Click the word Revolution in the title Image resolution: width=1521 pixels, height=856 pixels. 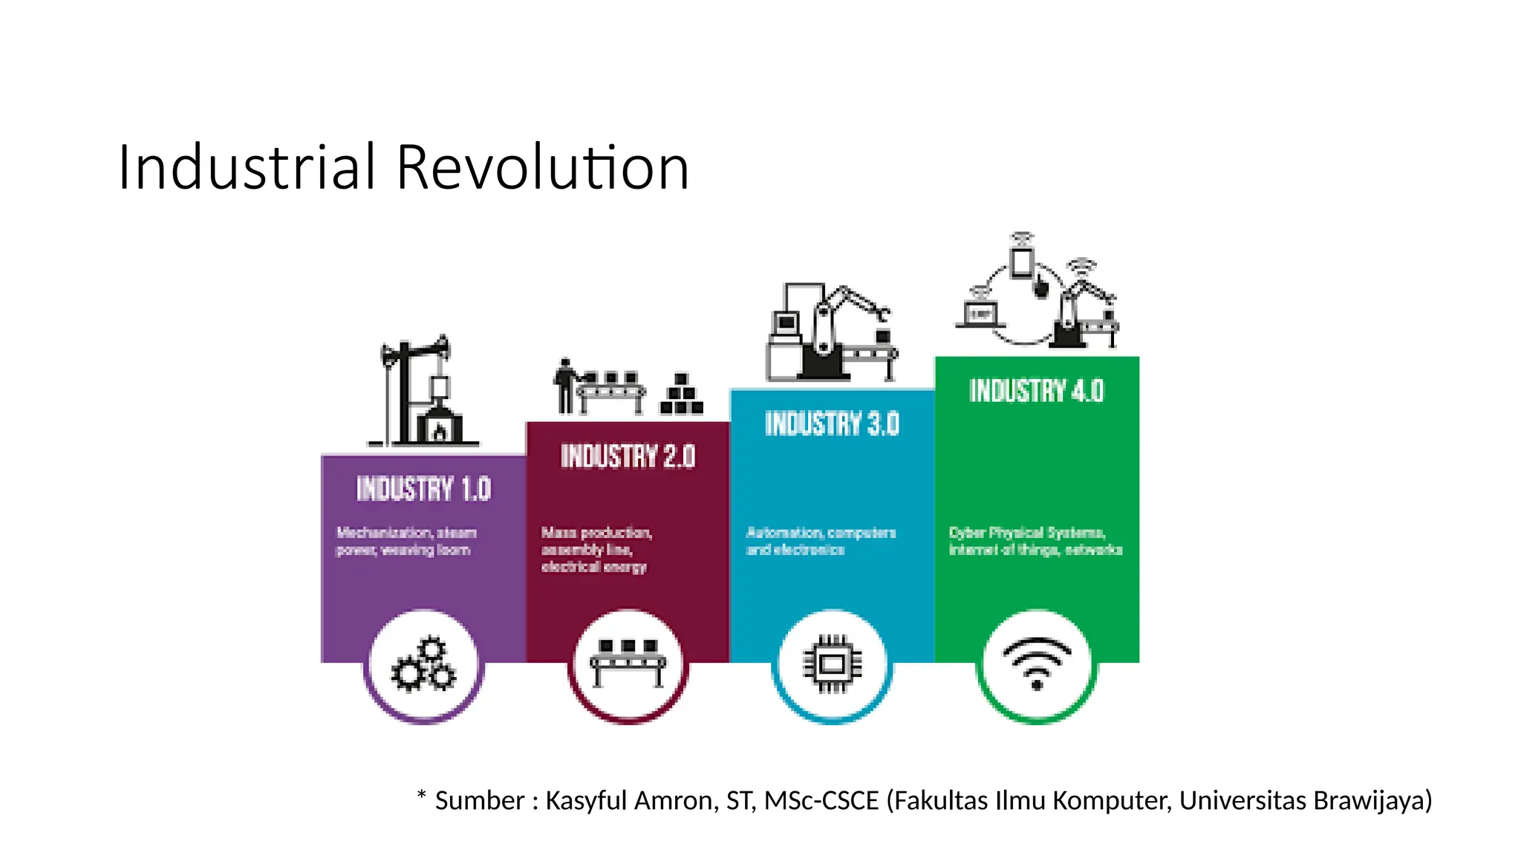(x=542, y=167)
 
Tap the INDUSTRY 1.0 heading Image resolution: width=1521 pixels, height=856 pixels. (x=423, y=489)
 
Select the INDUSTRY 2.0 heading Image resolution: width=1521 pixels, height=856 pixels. (x=628, y=456)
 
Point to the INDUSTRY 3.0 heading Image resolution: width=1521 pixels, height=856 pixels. (x=832, y=424)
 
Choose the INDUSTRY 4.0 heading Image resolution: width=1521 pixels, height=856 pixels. (x=1036, y=391)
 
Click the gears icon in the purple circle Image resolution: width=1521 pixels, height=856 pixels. (x=423, y=665)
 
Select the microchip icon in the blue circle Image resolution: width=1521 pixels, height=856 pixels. (x=833, y=664)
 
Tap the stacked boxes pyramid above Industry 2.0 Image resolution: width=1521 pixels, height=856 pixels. (x=682, y=395)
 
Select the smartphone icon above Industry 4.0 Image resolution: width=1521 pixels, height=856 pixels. (x=1023, y=262)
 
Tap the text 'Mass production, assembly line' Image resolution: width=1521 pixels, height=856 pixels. (x=596, y=541)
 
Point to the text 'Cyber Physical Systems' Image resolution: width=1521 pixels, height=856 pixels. (x=1027, y=533)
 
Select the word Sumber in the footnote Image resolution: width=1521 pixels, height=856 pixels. (x=480, y=800)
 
